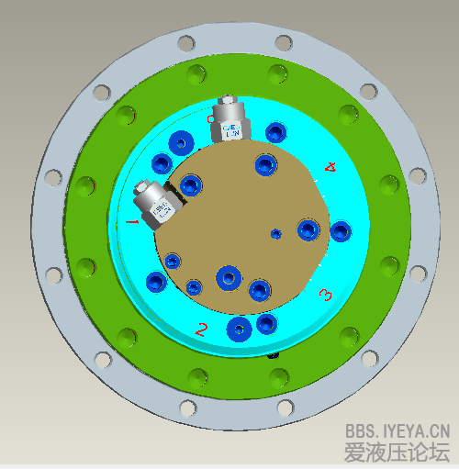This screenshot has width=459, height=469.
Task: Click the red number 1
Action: click(131, 222)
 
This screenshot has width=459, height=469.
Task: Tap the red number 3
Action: click(324, 295)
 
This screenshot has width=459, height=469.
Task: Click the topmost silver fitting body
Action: click(229, 124)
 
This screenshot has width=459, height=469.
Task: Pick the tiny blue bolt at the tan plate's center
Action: click(275, 234)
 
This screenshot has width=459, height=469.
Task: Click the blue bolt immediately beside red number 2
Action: click(240, 328)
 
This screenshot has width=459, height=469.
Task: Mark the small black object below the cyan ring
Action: click(273, 354)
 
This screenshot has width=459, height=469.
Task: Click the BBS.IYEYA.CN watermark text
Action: click(397, 429)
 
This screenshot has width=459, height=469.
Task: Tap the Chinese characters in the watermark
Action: click(397, 452)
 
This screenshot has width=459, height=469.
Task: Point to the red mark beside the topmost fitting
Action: click(210, 118)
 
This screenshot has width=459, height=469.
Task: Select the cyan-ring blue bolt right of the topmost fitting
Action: click(274, 133)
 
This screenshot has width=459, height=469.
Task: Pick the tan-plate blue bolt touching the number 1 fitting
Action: click(190, 185)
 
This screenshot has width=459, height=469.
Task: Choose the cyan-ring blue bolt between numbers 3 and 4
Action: click(341, 230)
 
